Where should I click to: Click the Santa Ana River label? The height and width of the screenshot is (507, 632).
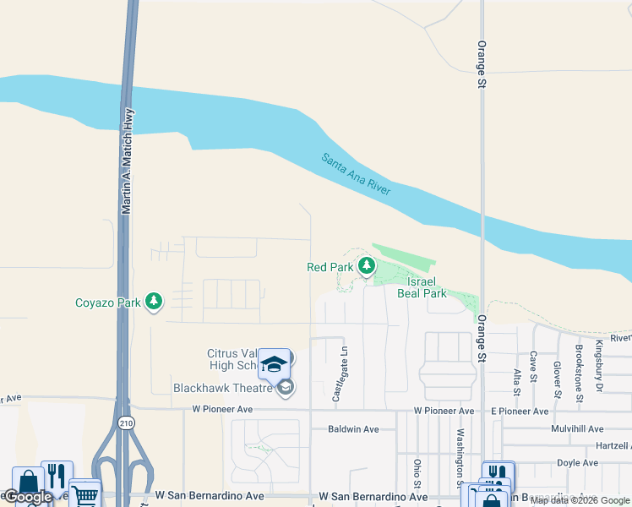click(356, 175)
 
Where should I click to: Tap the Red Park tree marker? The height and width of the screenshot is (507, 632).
click(366, 267)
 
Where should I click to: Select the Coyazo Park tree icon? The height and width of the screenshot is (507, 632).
click(154, 302)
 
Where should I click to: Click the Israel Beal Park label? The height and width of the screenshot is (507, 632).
click(427, 287)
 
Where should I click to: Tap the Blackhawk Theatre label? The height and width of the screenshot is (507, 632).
click(223, 389)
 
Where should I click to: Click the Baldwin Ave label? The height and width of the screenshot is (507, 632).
click(353, 429)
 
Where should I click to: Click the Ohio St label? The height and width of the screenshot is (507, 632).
click(417, 473)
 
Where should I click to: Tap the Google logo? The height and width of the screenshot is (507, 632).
click(29, 497)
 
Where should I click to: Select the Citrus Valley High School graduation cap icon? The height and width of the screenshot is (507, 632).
click(274, 363)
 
